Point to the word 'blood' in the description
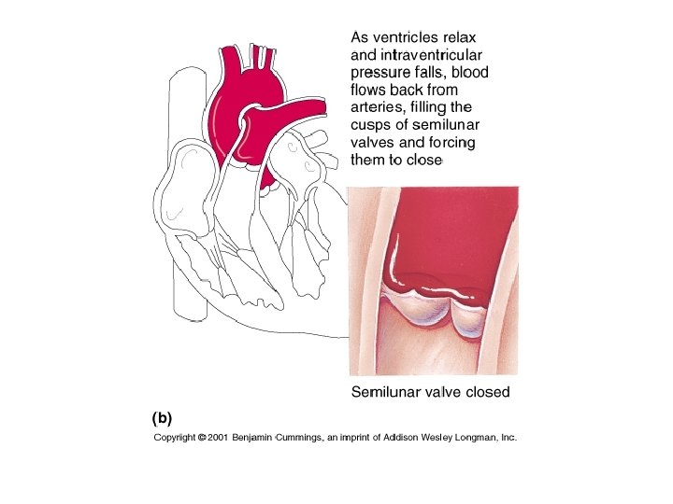pyautogui.click(x=469, y=73)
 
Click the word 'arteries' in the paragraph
pyautogui.click(x=379, y=108)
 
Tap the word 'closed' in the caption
pyautogui.click(x=486, y=392)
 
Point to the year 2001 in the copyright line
pyautogui.click(x=218, y=437)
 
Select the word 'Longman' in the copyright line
pyautogui.click(x=476, y=437)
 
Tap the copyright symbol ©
pyautogui.click(x=202, y=437)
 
